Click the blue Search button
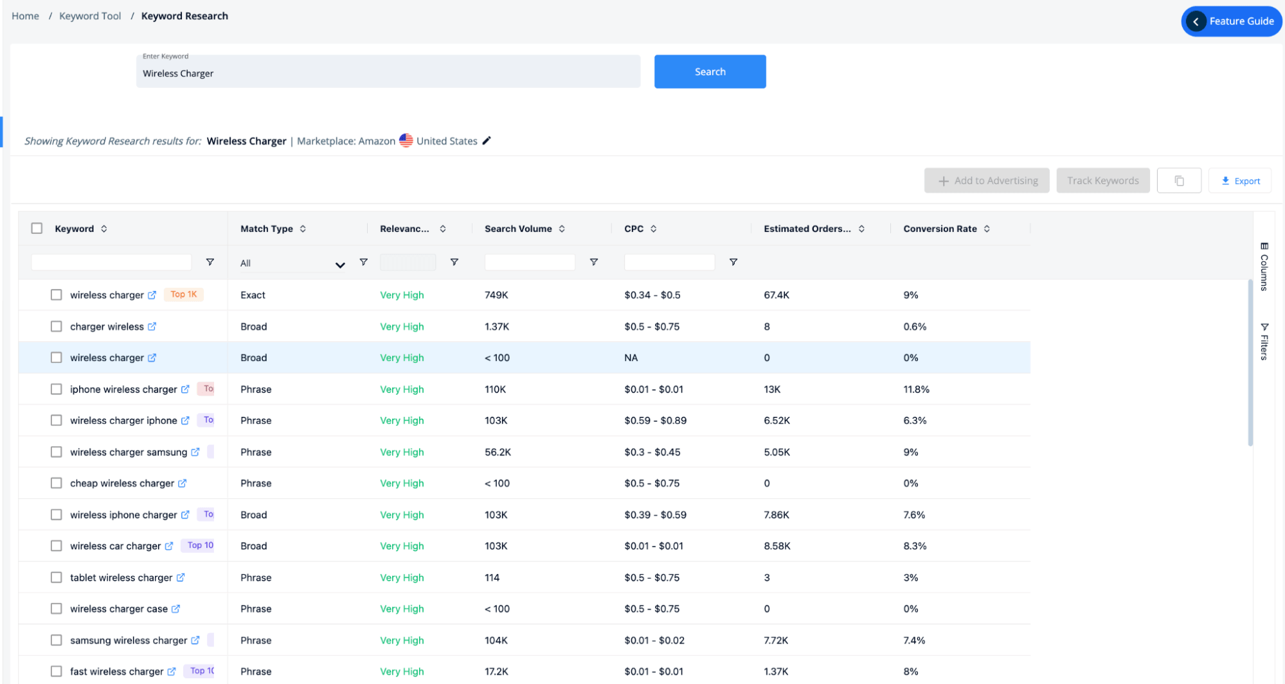(x=709, y=71)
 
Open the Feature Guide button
(x=1231, y=21)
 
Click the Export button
(x=1240, y=181)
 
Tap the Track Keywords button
(x=1102, y=181)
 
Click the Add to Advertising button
(x=987, y=181)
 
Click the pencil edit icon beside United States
(x=487, y=141)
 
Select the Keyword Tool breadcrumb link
(x=90, y=16)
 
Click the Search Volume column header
(x=518, y=229)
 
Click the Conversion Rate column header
(x=940, y=229)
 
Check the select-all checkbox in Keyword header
(x=37, y=229)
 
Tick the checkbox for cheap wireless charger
(x=57, y=483)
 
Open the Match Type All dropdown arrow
(x=340, y=264)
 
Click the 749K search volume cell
(x=496, y=295)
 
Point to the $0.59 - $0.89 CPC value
(x=655, y=421)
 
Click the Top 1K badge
(x=184, y=294)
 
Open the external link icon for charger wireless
(x=152, y=326)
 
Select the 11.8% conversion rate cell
(x=916, y=389)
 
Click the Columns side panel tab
(x=1264, y=267)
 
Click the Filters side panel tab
(x=1264, y=342)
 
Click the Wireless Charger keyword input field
(x=388, y=73)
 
